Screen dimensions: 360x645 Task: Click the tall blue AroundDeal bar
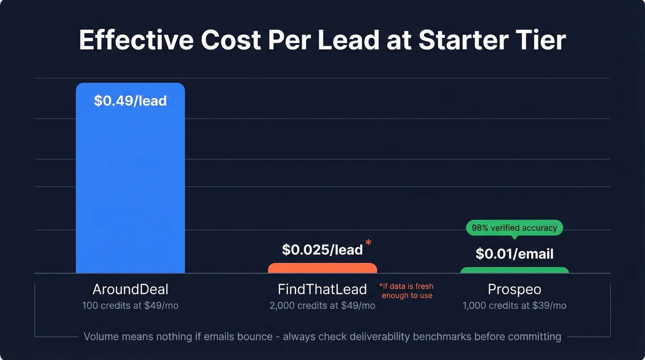[x=130, y=184]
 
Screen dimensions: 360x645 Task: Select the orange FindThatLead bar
[x=322, y=268]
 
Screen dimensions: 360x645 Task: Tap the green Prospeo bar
[x=514, y=270]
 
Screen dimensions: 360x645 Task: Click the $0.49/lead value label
[x=130, y=101]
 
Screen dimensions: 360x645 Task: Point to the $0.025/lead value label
[x=322, y=250]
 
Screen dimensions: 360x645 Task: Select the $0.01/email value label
[x=514, y=254]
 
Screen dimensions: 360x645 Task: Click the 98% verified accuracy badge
[x=514, y=228]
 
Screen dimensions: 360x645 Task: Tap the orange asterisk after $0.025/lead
[x=368, y=243]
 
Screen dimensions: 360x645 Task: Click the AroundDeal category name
[x=130, y=289]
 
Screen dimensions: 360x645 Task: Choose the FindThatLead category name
[x=322, y=289]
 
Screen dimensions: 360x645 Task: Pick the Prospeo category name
[x=514, y=289]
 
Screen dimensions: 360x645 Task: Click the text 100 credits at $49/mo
[x=130, y=306]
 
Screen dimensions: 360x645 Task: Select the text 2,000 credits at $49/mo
[x=322, y=306]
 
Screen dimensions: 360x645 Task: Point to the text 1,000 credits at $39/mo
[x=514, y=306]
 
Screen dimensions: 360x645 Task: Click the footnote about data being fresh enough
[x=406, y=291]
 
